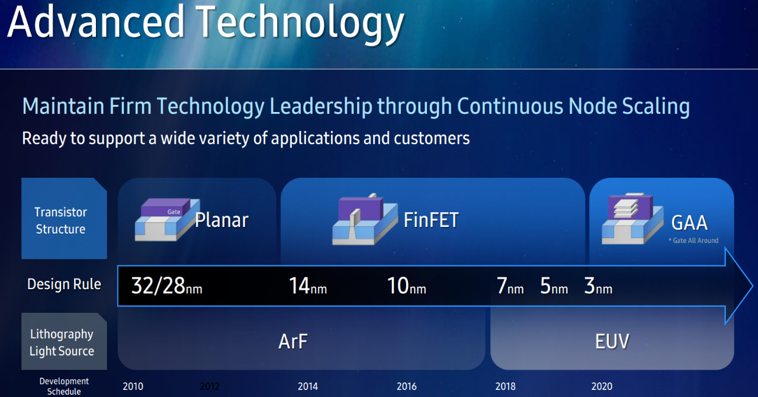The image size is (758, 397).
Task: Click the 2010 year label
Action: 133,386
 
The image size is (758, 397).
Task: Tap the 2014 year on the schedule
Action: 307,386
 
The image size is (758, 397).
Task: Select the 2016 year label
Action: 406,386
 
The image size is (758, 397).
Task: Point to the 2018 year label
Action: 505,386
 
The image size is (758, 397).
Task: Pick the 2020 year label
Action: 602,386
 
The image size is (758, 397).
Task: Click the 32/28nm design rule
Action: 166,286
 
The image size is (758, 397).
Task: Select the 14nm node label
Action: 308,286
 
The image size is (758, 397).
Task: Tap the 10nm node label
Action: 406,286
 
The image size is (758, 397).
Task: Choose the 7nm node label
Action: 510,286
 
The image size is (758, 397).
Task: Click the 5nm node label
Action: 554,286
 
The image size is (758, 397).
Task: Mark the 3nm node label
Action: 598,286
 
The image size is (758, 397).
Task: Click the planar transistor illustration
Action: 167,219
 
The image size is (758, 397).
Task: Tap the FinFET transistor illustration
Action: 365,219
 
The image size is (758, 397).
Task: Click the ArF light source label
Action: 293,341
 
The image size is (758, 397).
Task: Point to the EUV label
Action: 612,341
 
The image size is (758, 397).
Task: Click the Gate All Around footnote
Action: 693,241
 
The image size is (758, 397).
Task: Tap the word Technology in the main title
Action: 300,24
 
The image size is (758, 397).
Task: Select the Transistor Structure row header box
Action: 65,219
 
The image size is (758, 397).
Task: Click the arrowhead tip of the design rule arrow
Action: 753,286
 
